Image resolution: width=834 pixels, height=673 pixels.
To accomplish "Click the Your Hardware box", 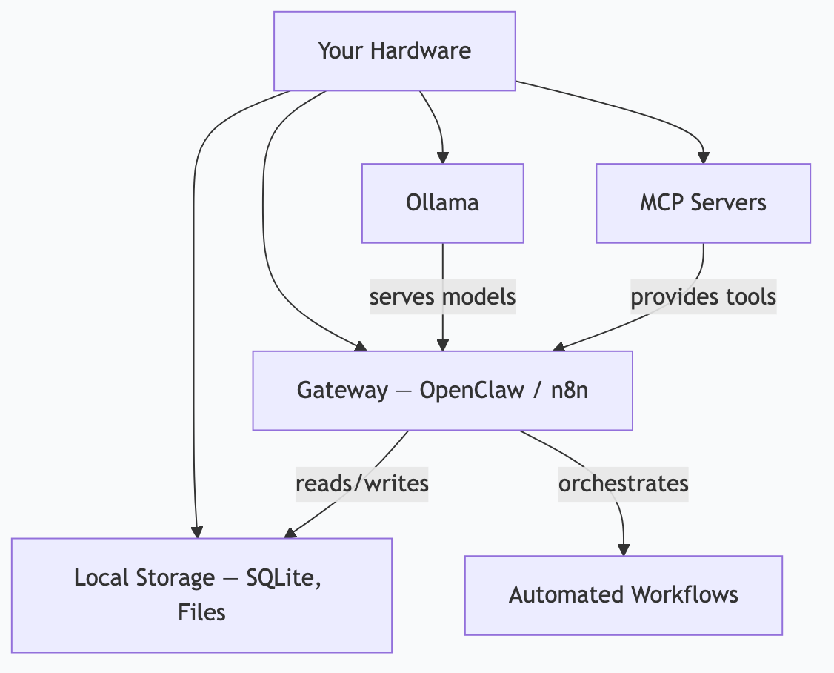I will tap(394, 51).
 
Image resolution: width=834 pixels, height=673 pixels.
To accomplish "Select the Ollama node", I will tap(442, 203).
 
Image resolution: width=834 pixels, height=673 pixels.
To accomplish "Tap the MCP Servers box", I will tap(703, 203).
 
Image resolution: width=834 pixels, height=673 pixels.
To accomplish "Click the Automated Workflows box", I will tap(623, 595).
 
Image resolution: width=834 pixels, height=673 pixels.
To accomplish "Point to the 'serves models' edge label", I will tap(442, 297).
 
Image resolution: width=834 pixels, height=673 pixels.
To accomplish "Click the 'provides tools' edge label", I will tap(703, 297).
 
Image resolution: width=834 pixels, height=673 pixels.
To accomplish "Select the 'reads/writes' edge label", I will tap(361, 484).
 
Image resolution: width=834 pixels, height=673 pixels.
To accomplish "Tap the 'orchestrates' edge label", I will tap(623, 484).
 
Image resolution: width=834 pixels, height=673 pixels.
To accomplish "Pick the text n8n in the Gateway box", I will tap(570, 391).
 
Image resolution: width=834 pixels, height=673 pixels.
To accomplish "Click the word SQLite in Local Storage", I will tap(283, 578).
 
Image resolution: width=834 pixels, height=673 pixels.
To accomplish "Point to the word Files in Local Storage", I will tap(201, 612).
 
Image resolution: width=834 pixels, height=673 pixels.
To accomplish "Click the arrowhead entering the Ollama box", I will tap(442, 157).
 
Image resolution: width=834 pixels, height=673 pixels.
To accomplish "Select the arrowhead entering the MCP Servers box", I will tap(703, 157).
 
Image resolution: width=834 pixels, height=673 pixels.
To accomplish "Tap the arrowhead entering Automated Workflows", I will tap(623, 549).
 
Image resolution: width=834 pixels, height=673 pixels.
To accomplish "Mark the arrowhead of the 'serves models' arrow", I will tap(442, 345).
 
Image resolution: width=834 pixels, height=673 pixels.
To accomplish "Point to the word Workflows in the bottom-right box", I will tap(684, 595).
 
